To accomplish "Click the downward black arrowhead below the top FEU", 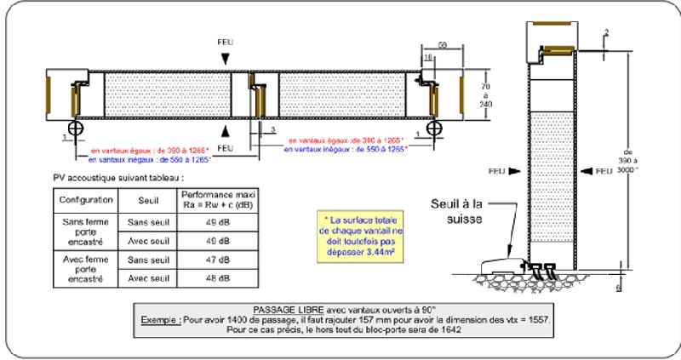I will pos(224,57).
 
